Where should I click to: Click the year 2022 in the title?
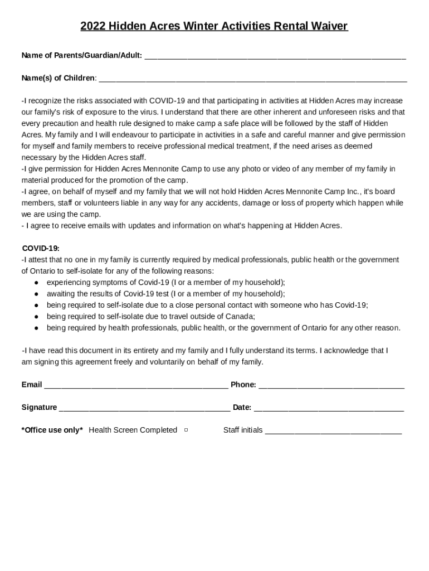(92, 26)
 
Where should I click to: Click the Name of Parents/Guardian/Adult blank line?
(275, 56)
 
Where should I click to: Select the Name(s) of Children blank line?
(252, 78)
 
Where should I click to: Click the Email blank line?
(135, 385)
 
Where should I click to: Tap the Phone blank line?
(331, 385)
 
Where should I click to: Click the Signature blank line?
(144, 408)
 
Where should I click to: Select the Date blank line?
(329, 408)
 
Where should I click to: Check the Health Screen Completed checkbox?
(186, 430)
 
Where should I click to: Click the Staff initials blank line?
(333, 430)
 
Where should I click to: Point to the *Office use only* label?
(52, 430)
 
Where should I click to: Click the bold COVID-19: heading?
(41, 248)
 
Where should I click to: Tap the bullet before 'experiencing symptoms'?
(36, 283)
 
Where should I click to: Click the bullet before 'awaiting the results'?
(36, 294)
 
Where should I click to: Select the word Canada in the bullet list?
(240, 316)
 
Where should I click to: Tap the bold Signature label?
(39, 408)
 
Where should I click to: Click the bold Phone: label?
(243, 385)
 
